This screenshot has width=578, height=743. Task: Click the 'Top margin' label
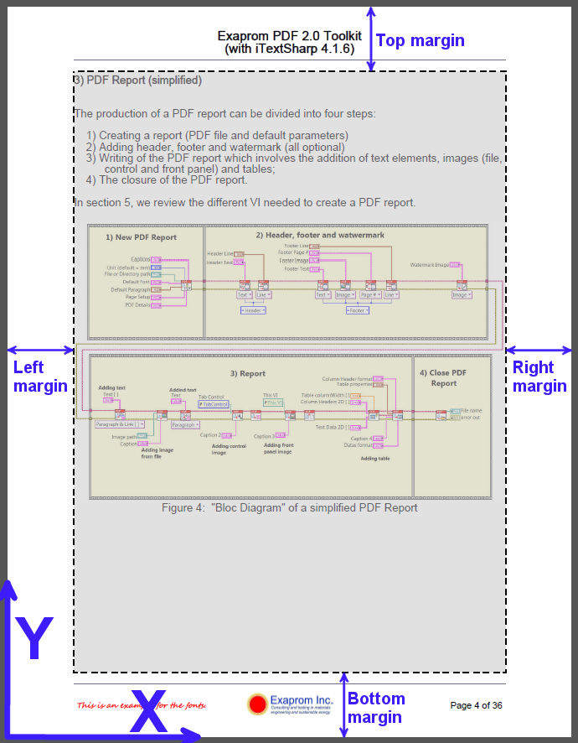click(420, 40)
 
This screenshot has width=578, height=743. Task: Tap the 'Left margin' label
click(40, 376)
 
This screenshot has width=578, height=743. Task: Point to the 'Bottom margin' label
click(376, 708)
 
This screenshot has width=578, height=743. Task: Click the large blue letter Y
click(34, 640)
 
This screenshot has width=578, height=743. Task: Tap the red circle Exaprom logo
click(257, 704)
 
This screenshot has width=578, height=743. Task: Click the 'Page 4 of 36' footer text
click(476, 705)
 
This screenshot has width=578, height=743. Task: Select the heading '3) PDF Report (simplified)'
click(138, 81)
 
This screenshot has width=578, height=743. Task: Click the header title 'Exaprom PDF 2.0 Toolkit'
click(289, 36)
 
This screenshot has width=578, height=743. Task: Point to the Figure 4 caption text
click(289, 507)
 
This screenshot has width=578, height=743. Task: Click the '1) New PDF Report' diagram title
click(141, 237)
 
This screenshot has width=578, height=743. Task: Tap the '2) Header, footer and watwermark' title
click(320, 235)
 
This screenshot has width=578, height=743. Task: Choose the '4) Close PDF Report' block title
click(443, 377)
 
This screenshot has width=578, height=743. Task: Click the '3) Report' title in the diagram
click(247, 374)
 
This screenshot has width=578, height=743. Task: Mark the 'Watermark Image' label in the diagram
click(430, 265)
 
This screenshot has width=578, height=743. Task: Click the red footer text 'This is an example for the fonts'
click(141, 705)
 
